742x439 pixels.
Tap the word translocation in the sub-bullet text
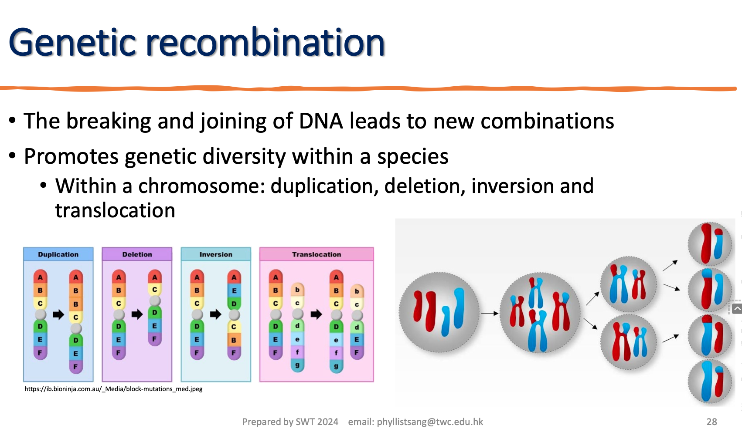(x=115, y=211)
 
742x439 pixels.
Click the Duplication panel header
(x=58, y=254)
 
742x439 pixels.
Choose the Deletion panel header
(x=137, y=254)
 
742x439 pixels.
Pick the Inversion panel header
(x=216, y=254)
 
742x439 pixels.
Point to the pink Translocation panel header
(x=317, y=254)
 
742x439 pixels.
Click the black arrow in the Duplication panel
(x=58, y=314)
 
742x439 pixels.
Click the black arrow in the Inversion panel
(x=215, y=314)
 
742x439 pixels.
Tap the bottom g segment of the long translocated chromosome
(x=336, y=366)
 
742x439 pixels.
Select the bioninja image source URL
(x=113, y=389)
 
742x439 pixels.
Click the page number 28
(x=711, y=422)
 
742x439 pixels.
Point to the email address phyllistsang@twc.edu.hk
(x=415, y=422)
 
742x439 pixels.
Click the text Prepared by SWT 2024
(x=290, y=422)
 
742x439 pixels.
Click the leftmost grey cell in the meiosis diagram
(x=439, y=312)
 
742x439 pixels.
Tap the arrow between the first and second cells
(x=489, y=313)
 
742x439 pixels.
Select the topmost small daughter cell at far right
(x=710, y=244)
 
